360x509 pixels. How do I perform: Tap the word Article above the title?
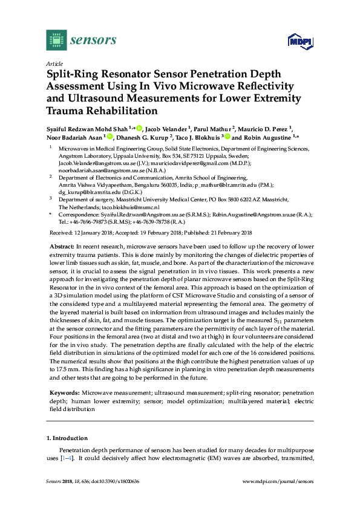click(54, 63)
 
